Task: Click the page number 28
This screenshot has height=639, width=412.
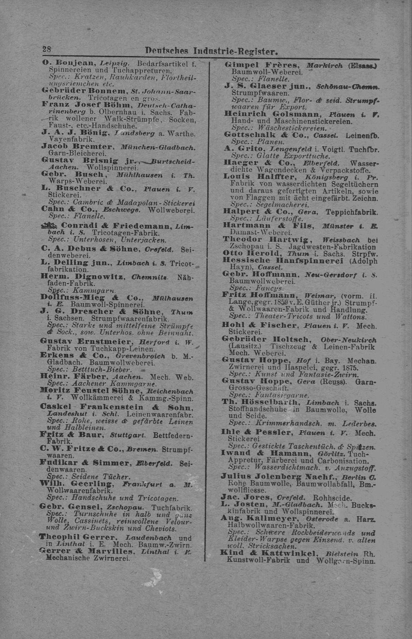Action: (47, 50)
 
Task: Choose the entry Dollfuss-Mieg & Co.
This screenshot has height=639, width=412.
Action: (89, 298)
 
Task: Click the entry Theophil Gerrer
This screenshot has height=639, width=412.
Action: (78, 537)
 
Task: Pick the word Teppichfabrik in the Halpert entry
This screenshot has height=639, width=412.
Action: (352, 212)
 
